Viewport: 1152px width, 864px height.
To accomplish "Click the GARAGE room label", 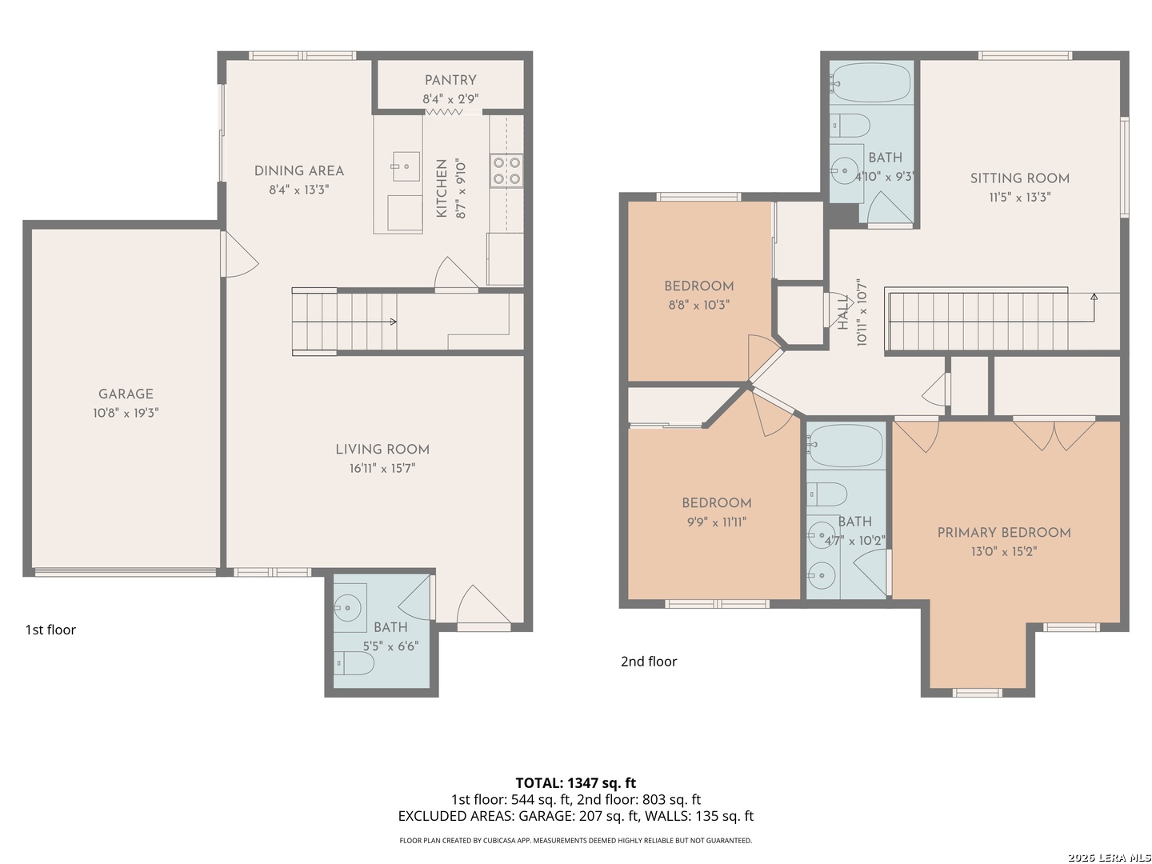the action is [x=126, y=394].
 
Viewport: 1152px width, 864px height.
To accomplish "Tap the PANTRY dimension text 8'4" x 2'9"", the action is [x=450, y=98].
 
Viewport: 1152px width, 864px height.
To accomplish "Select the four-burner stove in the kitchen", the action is [x=506, y=170].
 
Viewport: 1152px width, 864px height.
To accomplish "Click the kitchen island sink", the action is [x=406, y=166].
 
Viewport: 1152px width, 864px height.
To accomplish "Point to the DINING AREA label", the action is [x=299, y=171].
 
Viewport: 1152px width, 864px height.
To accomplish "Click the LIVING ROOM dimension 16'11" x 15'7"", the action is [x=382, y=468].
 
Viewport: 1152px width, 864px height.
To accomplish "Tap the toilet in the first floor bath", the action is [x=354, y=664].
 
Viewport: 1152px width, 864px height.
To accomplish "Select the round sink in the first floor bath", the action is [x=347, y=608].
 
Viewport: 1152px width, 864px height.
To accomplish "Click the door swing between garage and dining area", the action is [x=240, y=254].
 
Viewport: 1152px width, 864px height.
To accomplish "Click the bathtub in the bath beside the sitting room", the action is [x=871, y=83].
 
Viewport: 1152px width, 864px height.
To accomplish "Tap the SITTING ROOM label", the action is [x=1019, y=178].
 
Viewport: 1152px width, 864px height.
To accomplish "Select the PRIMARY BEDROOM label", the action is [x=1003, y=533].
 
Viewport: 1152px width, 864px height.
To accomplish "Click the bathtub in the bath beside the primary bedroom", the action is [x=846, y=446].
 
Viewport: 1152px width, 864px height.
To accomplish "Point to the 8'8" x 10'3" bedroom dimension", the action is [x=699, y=305].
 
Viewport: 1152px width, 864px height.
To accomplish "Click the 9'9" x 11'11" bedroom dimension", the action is [x=716, y=522].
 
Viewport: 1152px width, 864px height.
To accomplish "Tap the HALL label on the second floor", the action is [x=843, y=312].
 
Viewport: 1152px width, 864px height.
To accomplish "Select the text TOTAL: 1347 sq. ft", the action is [x=576, y=783].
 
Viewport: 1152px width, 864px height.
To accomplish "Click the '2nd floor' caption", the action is [x=649, y=662].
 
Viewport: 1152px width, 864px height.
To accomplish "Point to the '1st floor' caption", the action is [x=50, y=630].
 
